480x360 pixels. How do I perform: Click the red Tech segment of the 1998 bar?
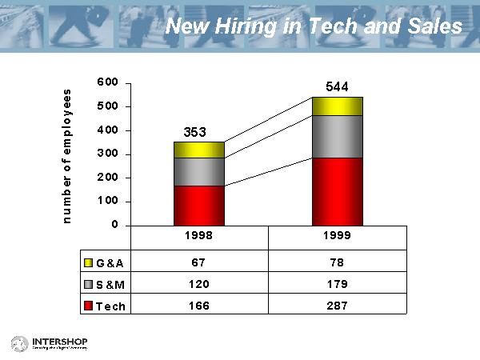pos(199,206)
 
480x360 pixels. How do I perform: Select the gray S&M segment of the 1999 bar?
pos(337,137)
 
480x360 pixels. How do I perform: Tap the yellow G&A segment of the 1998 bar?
pos(199,150)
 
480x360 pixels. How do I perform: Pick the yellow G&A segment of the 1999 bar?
pos(337,106)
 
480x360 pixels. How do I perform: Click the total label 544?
pos(337,86)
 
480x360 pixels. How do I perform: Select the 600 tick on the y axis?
pos(110,82)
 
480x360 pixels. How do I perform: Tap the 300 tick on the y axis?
pos(110,154)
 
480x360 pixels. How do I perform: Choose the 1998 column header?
pos(199,238)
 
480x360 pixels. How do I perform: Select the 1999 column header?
pos(337,238)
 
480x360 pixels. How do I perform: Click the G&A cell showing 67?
pos(199,261)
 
